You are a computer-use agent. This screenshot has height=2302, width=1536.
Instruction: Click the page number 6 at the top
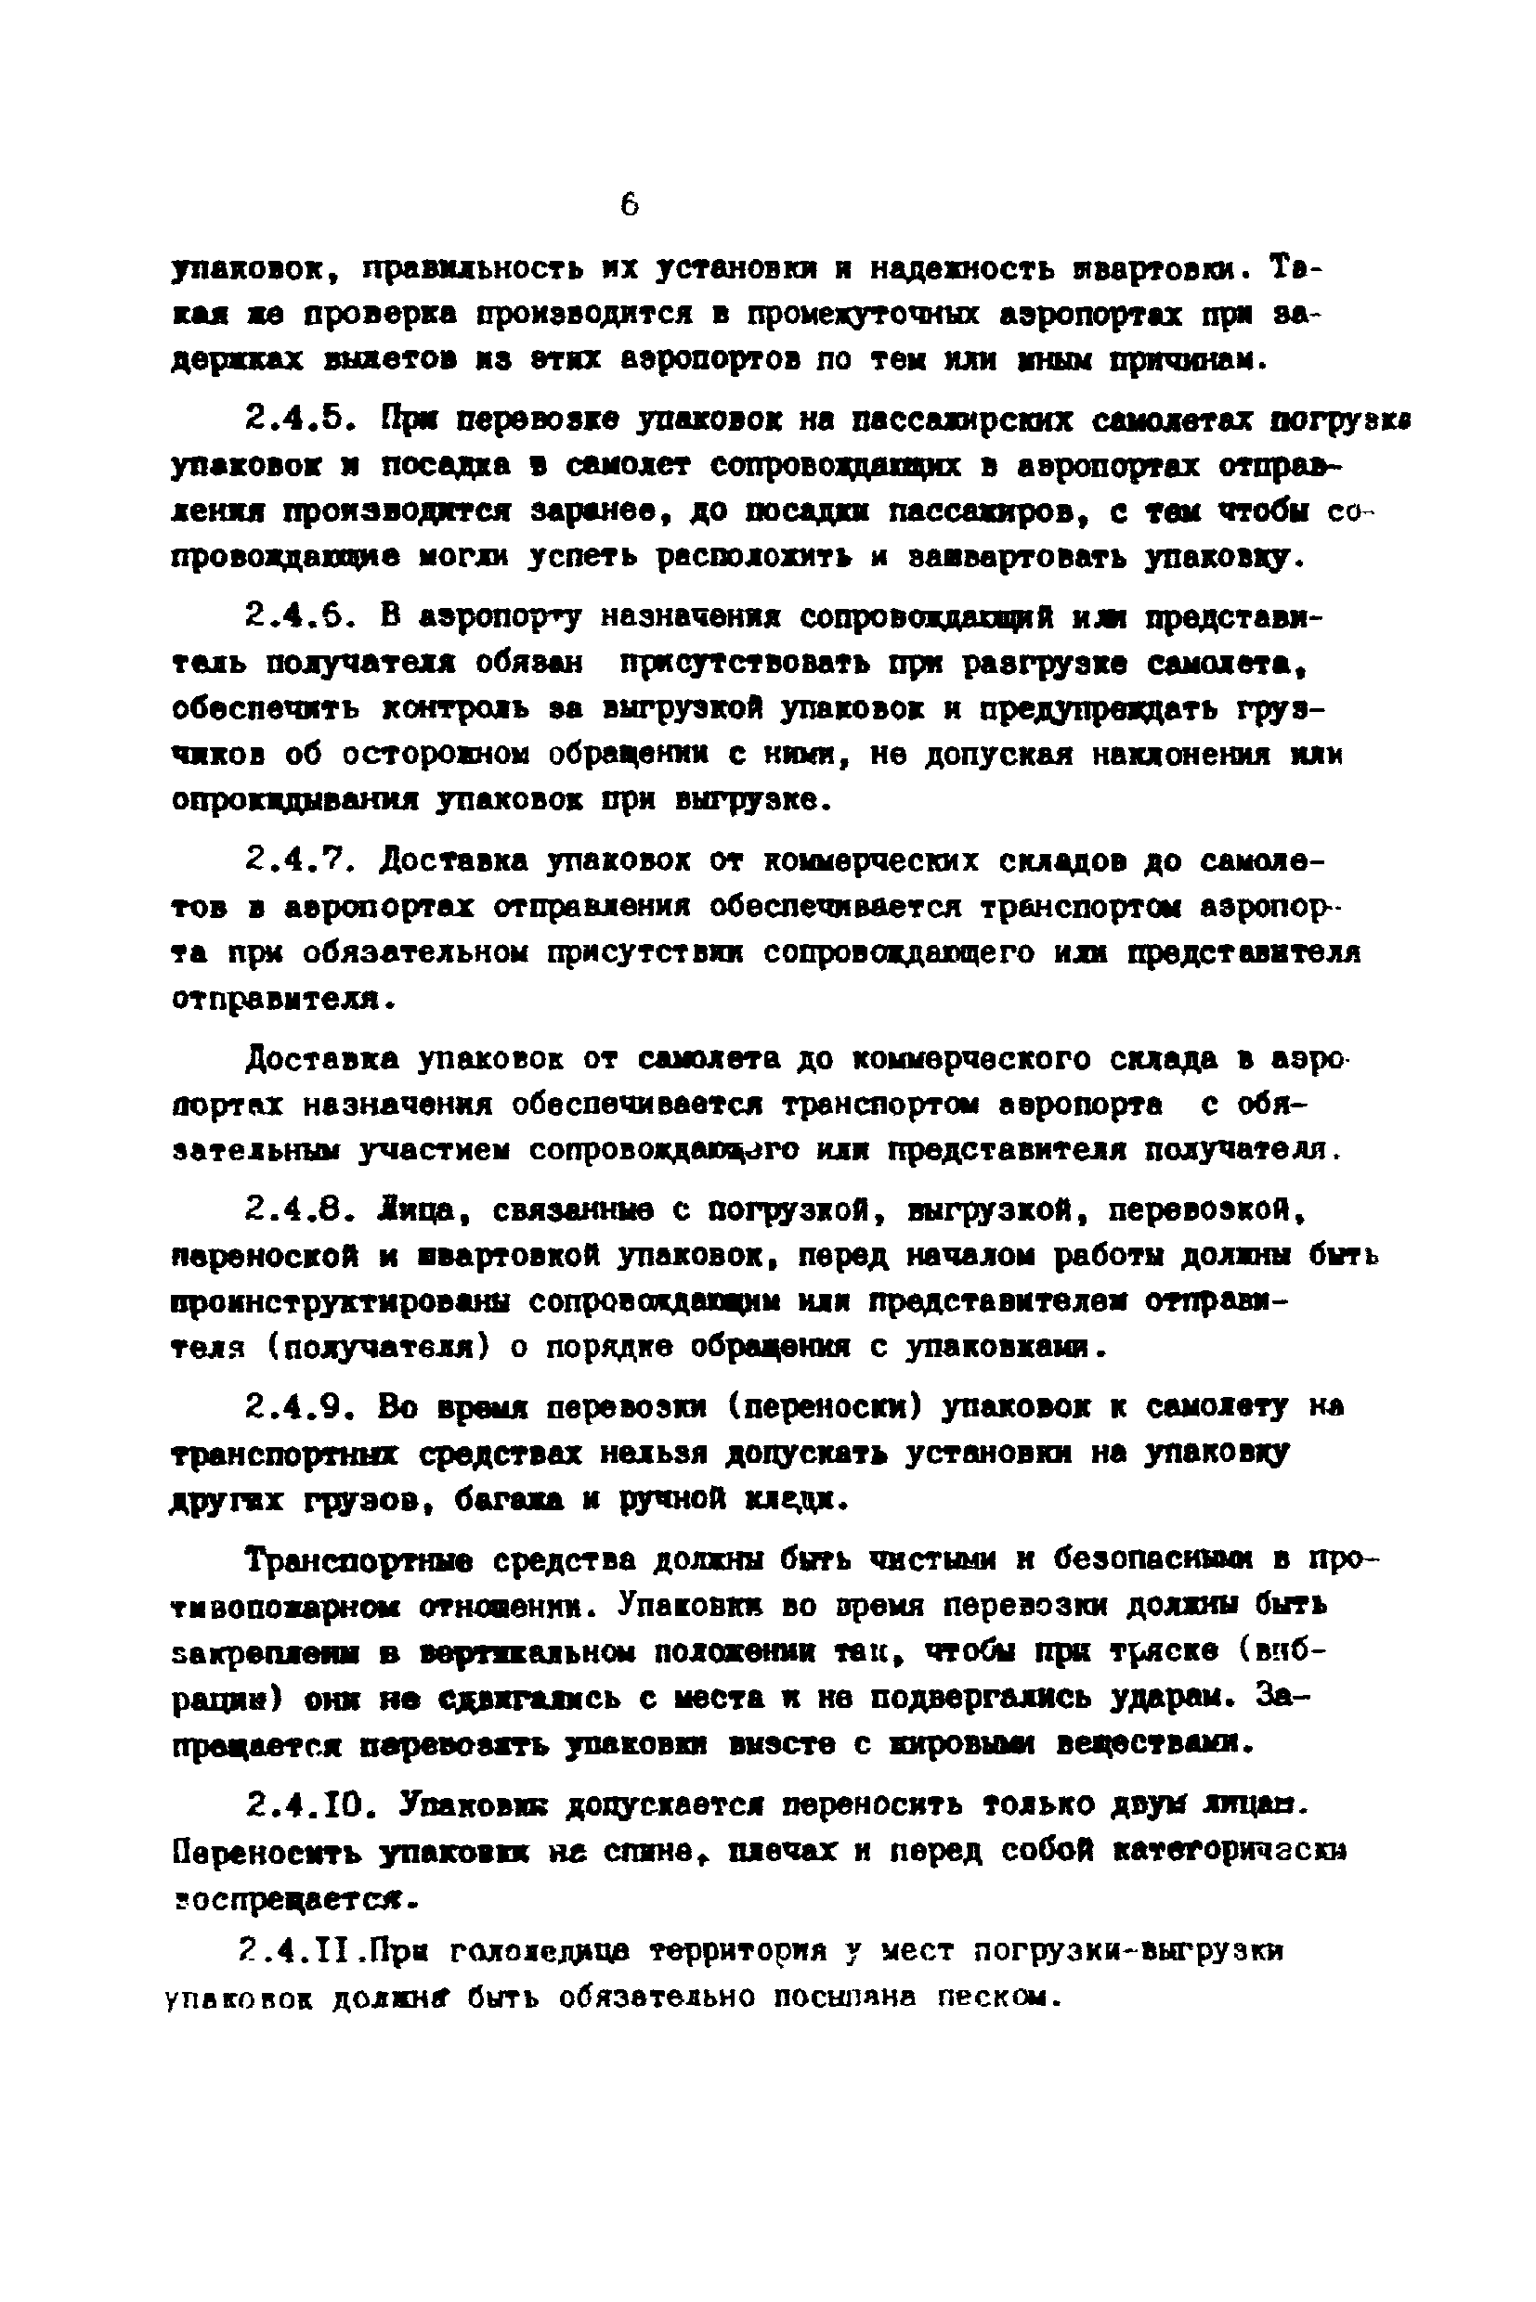[x=629, y=204]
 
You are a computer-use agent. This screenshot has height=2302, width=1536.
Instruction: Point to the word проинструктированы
[x=339, y=1302]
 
